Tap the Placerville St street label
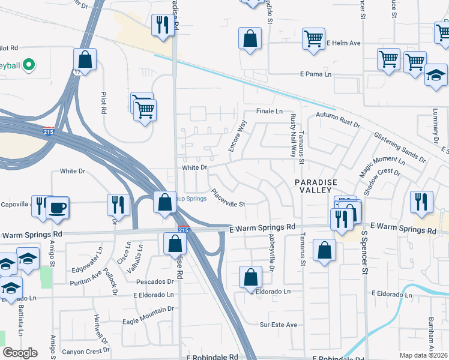click(x=229, y=199)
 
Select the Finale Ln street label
click(x=270, y=112)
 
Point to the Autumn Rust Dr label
click(x=337, y=120)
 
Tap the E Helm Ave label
click(x=343, y=43)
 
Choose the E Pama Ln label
click(x=316, y=74)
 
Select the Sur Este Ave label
click(x=279, y=325)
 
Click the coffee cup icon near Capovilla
click(x=58, y=207)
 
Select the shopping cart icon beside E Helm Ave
click(x=313, y=39)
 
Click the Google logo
click(x=20, y=353)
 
